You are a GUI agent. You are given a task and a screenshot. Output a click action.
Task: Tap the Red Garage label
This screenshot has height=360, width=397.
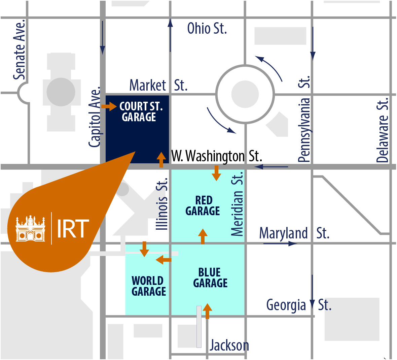pyautogui.click(x=203, y=206)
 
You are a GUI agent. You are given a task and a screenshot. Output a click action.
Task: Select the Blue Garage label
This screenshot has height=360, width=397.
pyautogui.click(x=210, y=278)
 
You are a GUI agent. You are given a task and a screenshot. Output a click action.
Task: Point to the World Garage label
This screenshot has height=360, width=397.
pyautogui.click(x=148, y=286)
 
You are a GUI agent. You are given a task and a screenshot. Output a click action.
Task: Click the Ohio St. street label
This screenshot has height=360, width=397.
pyautogui.click(x=207, y=29)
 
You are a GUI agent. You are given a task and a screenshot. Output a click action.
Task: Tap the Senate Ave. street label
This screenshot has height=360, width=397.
pyautogui.click(x=20, y=50)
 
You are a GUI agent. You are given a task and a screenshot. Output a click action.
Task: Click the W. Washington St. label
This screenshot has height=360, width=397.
pyautogui.click(x=216, y=156)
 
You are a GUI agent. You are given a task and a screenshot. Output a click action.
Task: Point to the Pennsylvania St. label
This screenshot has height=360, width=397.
pyautogui.click(x=304, y=120)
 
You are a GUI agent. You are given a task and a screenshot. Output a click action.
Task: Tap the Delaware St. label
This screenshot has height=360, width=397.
pyautogui.click(x=383, y=130)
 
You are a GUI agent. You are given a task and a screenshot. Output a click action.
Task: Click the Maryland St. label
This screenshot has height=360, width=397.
pyautogui.click(x=294, y=233)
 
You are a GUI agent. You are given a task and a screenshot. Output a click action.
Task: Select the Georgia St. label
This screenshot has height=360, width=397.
pyautogui.click(x=299, y=305)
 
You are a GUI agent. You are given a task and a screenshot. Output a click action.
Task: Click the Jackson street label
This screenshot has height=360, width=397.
pyautogui.click(x=229, y=346)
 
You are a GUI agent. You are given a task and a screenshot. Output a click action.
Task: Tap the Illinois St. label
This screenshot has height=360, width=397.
pyautogui.click(x=162, y=204)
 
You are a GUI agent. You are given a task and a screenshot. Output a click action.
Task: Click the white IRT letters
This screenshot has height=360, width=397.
pyautogui.click(x=73, y=229)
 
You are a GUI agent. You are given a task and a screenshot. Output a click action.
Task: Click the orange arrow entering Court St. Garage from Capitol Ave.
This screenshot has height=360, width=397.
pyautogui.click(x=109, y=107)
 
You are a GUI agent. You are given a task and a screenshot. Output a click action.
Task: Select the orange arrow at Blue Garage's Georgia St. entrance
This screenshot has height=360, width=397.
pyautogui.click(x=207, y=311)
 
